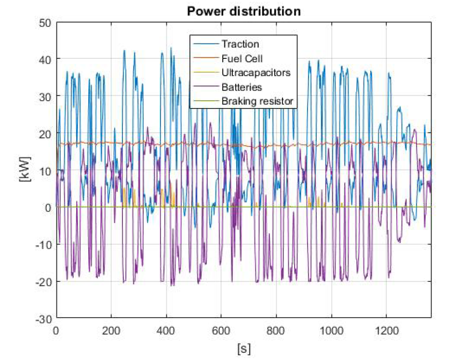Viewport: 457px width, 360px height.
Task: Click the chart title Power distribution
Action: (x=243, y=11)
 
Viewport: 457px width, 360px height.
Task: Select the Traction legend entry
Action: (x=240, y=44)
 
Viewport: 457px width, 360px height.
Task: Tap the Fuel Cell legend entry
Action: (x=242, y=58)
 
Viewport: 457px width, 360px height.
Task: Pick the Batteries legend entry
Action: (x=242, y=87)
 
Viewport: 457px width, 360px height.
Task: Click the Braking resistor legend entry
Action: (x=257, y=102)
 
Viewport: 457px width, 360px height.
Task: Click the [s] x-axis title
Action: (x=244, y=347)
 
